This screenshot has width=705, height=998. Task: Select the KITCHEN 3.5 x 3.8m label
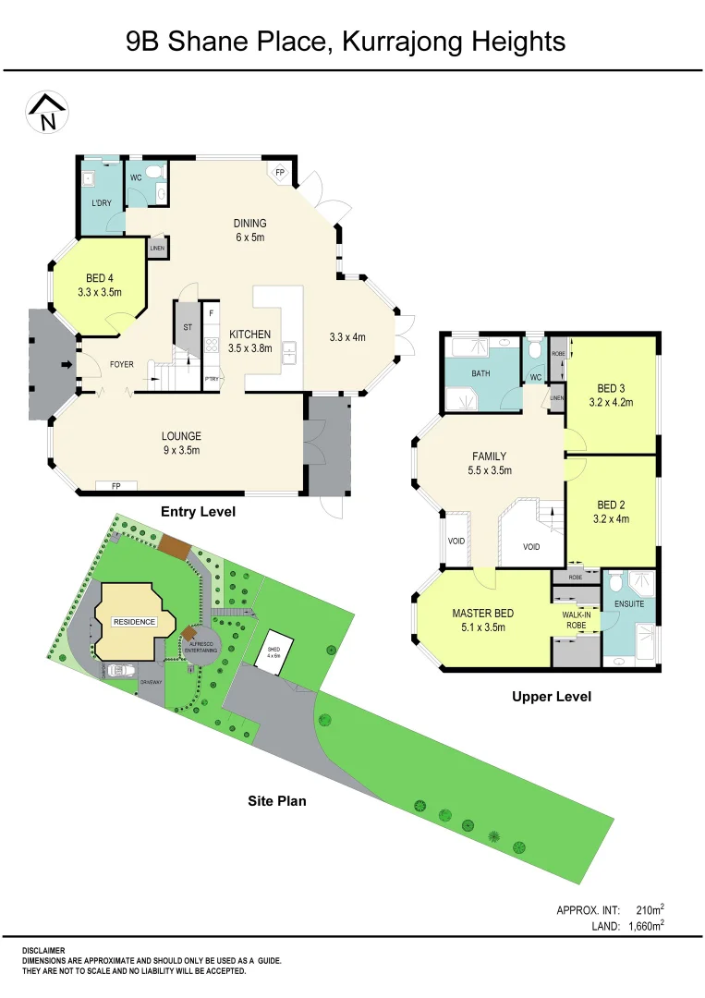[249, 342]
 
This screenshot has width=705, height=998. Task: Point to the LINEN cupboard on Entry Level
[157, 249]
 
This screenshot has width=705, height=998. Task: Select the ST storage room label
[187, 326]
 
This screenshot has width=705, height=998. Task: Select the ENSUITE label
[629, 604]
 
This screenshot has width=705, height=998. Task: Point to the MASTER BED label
[482, 620]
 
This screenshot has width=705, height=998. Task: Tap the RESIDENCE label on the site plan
[134, 622]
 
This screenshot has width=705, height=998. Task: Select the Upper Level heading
[552, 697]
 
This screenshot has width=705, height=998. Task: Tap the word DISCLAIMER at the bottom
[43, 949]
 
